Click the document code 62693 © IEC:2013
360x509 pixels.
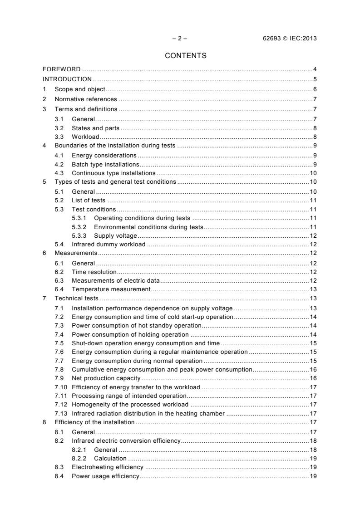point(286,38)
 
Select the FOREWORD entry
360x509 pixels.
point(61,69)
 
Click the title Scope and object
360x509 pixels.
point(80,89)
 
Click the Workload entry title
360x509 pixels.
point(85,137)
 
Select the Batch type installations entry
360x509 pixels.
point(106,164)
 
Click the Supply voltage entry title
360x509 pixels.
point(115,236)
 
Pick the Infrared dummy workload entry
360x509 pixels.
point(108,245)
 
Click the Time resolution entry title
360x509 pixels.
point(94,272)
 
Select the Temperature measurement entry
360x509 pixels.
point(111,289)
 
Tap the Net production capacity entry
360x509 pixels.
point(106,378)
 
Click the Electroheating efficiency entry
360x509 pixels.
point(108,467)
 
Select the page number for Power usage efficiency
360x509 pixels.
point(313,476)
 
